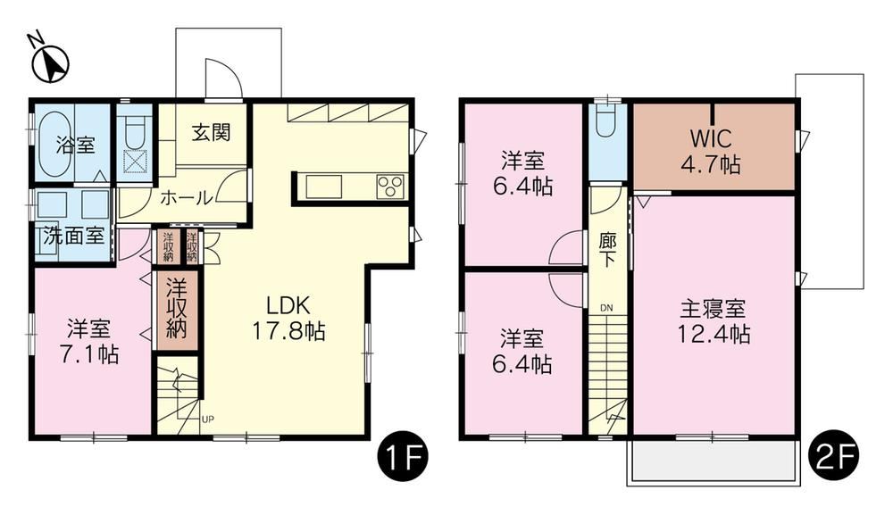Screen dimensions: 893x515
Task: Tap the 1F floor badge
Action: point(403,454)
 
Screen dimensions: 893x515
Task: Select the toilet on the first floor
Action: point(135,132)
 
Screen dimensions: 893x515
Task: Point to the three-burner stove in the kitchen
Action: point(389,186)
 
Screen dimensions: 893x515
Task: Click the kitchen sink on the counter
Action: point(324,187)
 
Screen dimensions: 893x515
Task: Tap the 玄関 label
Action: point(212,133)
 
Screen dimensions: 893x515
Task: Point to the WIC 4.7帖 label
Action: point(712,152)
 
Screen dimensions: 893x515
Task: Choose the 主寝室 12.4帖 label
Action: point(713,321)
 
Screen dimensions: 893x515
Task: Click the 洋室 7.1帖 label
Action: point(88,342)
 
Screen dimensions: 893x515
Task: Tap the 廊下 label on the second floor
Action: point(607,250)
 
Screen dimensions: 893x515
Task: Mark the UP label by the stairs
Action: point(208,420)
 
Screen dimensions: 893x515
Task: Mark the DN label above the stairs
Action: point(606,308)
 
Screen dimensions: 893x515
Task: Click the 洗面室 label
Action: point(75,236)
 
